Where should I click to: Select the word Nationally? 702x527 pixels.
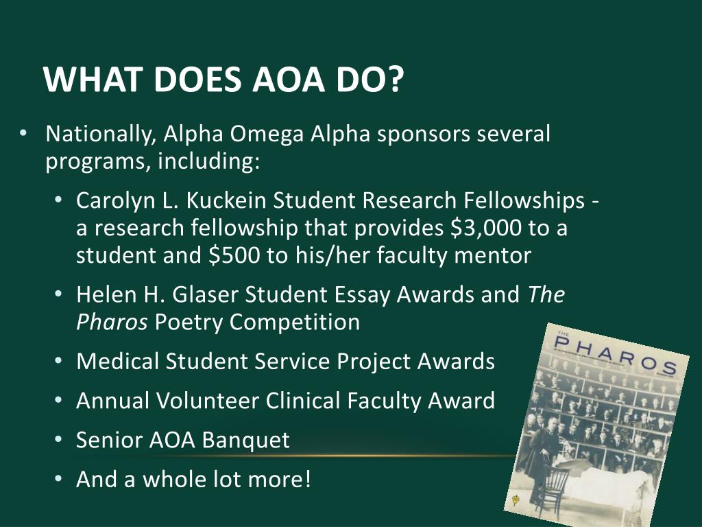[x=99, y=134]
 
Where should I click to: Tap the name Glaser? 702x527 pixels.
[x=206, y=294]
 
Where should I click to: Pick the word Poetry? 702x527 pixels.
[x=189, y=322]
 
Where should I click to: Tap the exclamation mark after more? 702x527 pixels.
[x=307, y=478]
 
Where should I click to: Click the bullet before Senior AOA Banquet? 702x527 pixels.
[x=58, y=440]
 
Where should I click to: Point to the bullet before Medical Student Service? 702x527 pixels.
[x=58, y=361]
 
